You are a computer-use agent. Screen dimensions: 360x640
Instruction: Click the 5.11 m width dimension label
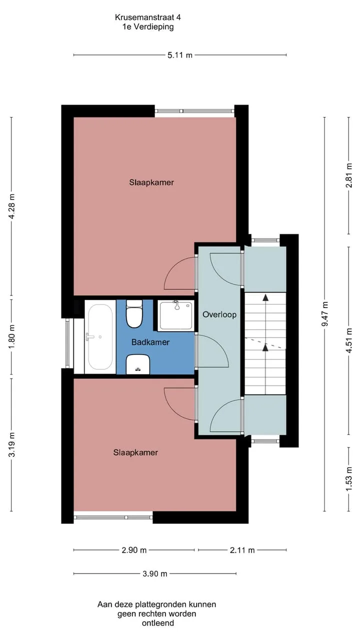179,55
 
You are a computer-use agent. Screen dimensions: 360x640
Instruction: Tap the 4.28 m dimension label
11,206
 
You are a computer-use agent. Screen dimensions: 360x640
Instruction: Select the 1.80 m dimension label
11,336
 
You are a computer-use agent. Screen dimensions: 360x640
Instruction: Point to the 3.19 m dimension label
11,444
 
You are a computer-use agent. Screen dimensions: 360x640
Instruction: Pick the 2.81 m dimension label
349,175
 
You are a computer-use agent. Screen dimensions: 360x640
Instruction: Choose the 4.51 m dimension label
349,340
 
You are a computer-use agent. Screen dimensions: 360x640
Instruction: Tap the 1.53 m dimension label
349,479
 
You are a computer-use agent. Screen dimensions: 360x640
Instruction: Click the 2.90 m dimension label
134,550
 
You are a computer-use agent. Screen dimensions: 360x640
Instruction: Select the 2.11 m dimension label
242,550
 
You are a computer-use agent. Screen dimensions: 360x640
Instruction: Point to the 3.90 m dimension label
155,573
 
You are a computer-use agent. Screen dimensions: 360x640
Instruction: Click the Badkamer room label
150,342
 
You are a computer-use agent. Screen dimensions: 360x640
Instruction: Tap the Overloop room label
219,314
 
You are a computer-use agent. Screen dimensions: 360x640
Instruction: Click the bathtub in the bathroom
100,336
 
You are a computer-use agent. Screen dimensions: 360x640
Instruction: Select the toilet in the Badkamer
134,313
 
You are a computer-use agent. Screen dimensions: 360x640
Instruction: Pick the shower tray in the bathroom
175,315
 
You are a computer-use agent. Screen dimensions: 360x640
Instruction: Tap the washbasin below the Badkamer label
138,364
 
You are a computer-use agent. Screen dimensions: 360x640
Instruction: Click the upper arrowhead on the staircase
265,297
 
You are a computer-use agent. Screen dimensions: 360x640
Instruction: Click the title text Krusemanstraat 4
147,17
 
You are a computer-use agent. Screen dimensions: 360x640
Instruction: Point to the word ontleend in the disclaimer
158,623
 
